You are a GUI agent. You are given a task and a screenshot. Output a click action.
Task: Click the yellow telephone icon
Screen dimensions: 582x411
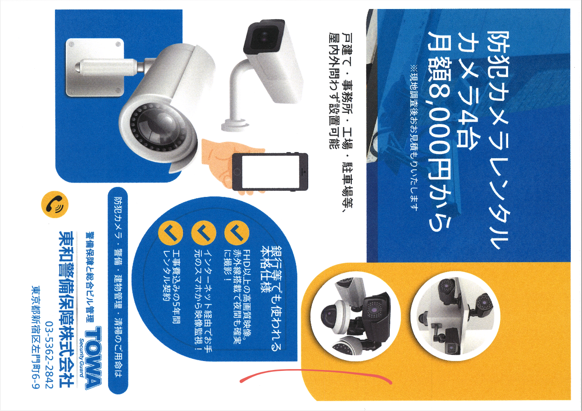click(55, 205)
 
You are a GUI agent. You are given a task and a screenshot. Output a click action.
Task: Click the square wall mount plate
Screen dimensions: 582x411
click(95, 68)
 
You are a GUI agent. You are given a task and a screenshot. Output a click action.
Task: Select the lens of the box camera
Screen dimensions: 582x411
click(264, 36)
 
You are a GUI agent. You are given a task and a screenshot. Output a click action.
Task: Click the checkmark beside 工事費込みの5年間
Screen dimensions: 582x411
click(170, 233)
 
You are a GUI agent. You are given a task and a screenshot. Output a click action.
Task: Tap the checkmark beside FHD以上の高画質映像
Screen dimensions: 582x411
click(236, 233)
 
